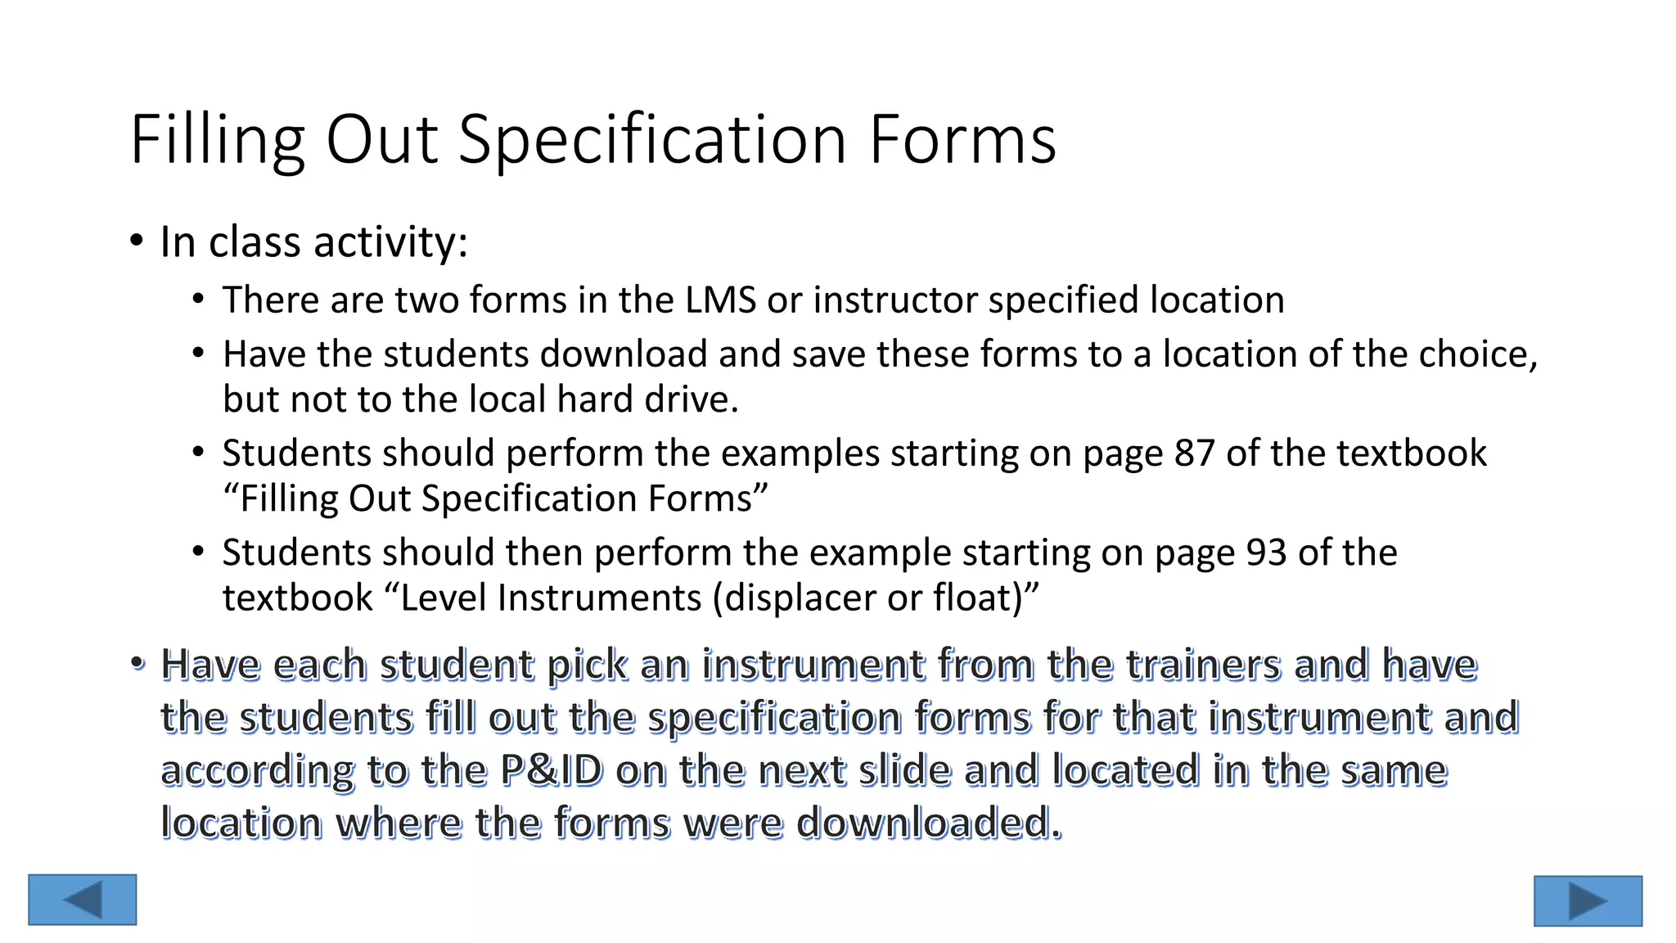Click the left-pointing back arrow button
point(83,900)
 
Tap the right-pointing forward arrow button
point(1588,901)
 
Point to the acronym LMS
point(720,300)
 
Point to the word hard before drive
point(594,399)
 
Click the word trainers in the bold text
point(1203,664)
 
